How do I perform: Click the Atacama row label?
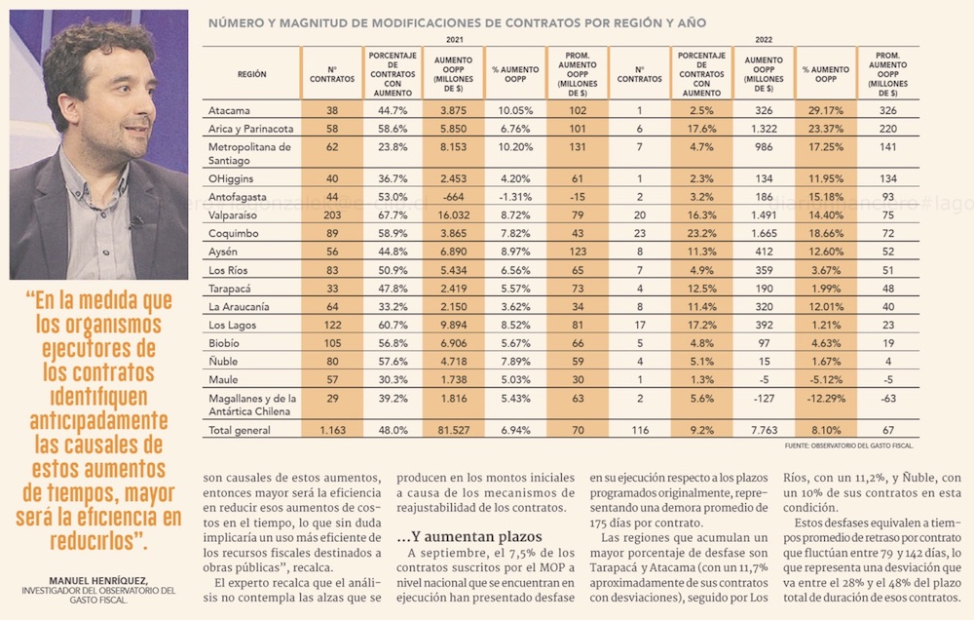pos(229,111)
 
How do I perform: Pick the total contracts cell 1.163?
pos(331,429)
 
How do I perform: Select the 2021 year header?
pos(454,40)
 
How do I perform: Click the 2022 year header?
pos(763,40)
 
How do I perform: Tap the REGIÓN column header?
pos(251,74)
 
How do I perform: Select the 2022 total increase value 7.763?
pos(763,429)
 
